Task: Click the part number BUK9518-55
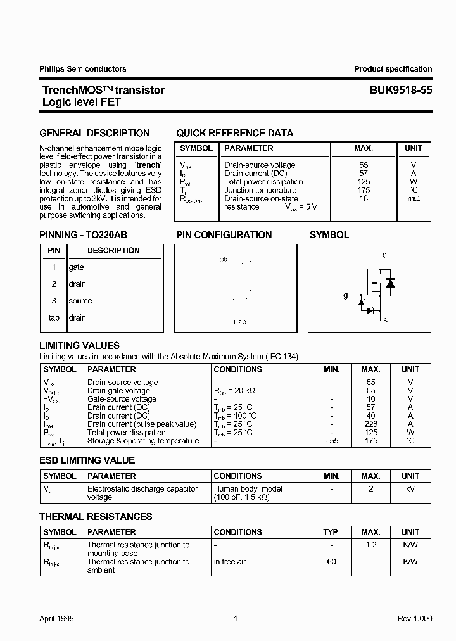coord(401,90)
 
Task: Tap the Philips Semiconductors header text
coord(82,69)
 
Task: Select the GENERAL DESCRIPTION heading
coord(94,133)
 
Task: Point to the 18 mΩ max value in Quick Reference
coord(363,198)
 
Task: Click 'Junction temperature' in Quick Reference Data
coord(260,190)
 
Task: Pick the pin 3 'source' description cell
coord(80,301)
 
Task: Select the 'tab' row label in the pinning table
coord(54,317)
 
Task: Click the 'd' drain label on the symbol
coord(384,255)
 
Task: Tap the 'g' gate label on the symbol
coord(346,295)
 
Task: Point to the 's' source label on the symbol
coord(384,320)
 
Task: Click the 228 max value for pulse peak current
coord(370,424)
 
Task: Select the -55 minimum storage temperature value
coord(331,441)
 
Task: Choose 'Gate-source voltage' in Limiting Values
coord(122,399)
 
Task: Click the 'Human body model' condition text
coord(248,488)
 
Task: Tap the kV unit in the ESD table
coord(410,488)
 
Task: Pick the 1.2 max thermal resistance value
coord(370,545)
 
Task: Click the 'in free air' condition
coord(234,562)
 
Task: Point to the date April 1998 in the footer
coord(56,618)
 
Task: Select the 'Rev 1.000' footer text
coord(414,618)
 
